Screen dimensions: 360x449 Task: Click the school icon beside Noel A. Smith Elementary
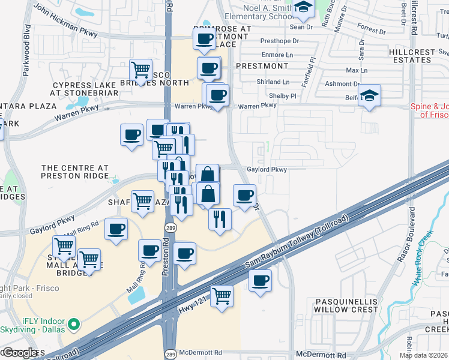pos(304,8)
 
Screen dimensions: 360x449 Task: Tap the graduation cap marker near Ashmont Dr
pos(370,95)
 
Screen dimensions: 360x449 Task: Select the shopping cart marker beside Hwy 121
pos(222,296)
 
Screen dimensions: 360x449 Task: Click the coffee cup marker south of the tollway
pos(260,280)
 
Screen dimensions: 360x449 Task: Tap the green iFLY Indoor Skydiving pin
pos(74,325)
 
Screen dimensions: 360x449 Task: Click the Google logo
pos(19,352)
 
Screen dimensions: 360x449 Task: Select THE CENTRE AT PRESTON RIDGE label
pos(74,172)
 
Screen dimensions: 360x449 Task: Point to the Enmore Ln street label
pos(281,55)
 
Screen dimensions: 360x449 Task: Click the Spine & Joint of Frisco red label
pos(430,110)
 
